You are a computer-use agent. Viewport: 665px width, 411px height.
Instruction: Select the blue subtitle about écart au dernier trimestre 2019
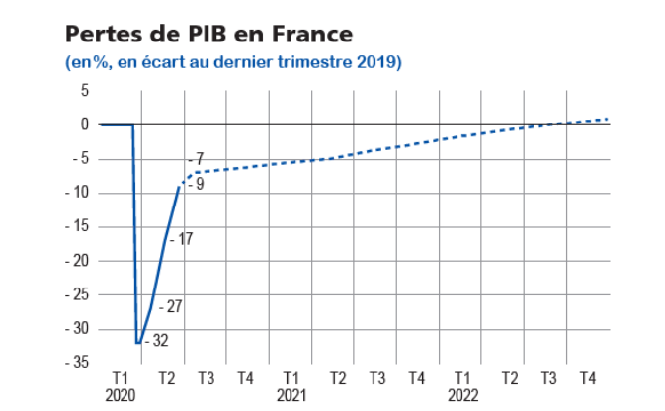click(x=232, y=62)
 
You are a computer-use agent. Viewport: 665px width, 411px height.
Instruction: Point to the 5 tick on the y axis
click(x=84, y=91)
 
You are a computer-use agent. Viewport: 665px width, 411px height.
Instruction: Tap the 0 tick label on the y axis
click(x=86, y=124)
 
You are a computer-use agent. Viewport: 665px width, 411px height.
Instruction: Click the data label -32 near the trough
click(x=156, y=341)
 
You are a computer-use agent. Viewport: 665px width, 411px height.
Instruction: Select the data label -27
click(x=171, y=307)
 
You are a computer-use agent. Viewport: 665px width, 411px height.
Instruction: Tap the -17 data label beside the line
click(x=181, y=239)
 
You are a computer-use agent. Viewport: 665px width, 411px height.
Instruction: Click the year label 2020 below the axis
click(x=120, y=394)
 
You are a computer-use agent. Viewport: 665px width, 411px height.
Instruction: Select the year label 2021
click(x=291, y=394)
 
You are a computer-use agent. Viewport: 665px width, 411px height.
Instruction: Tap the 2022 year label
click(x=461, y=394)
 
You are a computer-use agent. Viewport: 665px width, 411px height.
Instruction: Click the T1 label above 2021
click(x=291, y=378)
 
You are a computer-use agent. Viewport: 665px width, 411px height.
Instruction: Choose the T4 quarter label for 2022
click(x=587, y=378)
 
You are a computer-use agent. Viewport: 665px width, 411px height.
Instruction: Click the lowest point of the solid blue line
click(x=138, y=342)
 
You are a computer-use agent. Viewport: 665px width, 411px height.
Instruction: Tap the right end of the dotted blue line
click(x=608, y=119)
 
